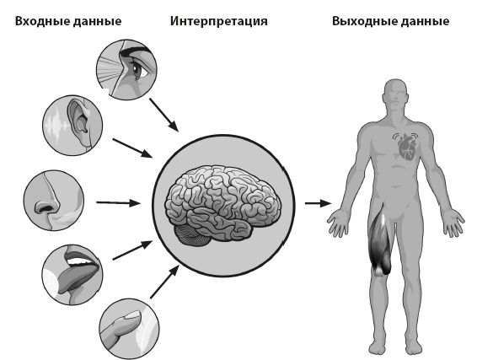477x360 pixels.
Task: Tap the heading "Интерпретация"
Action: point(219,22)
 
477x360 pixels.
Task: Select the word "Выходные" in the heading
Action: point(361,22)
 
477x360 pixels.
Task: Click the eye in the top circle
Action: point(138,70)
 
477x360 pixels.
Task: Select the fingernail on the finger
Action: point(132,314)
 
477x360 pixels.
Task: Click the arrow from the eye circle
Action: point(163,115)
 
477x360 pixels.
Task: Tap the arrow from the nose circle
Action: point(118,202)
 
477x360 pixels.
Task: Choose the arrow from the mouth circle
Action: point(132,250)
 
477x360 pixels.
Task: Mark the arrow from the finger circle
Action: point(164,282)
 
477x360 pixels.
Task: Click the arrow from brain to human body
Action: point(319,203)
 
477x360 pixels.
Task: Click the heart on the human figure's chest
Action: point(407,147)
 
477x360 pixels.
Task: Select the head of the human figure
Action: point(395,94)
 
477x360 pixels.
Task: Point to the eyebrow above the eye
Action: point(136,51)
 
